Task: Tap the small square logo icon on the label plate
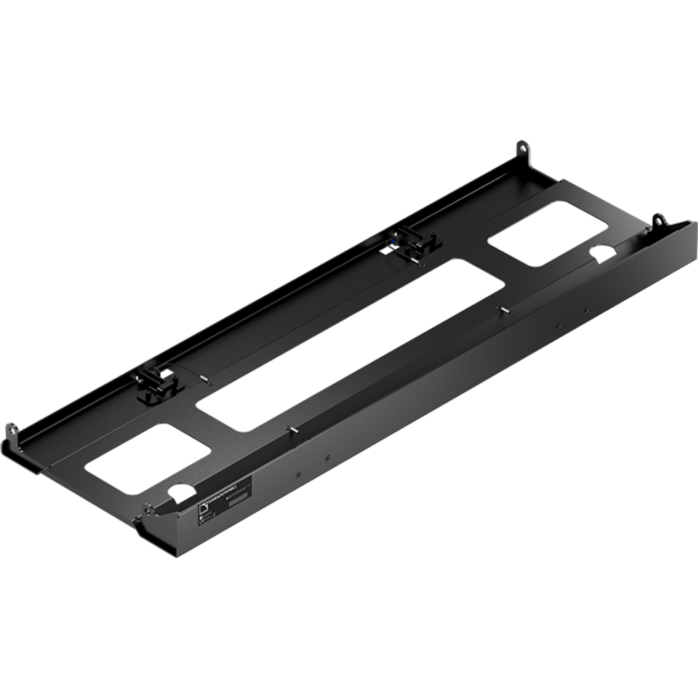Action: click(202, 509)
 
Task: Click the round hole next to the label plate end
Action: click(180, 491)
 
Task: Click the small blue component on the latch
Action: click(396, 240)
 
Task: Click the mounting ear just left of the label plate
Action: click(147, 510)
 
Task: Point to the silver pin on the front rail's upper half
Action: click(505, 310)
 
